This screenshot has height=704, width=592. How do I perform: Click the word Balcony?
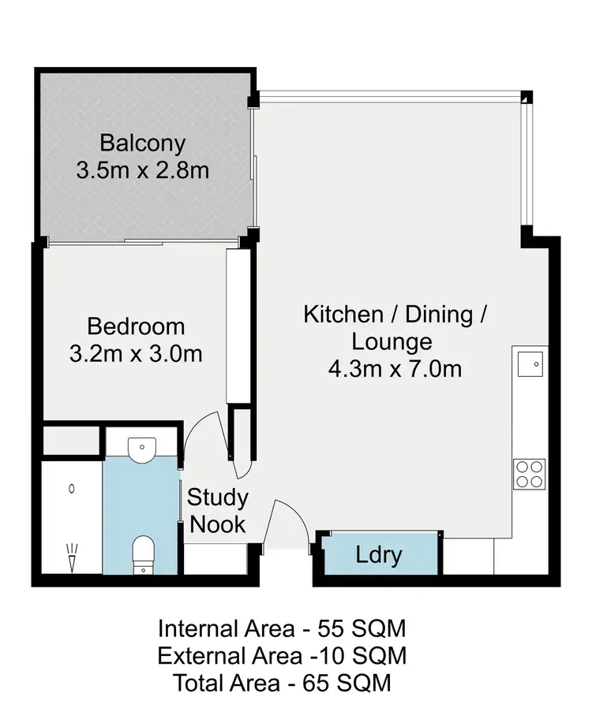click(x=143, y=143)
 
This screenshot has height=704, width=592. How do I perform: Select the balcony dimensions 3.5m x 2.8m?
click(x=143, y=169)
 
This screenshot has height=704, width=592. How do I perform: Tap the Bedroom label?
click(x=136, y=326)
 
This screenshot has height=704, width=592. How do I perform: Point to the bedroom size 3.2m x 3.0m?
click(x=136, y=354)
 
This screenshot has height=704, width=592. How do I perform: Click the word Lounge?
click(x=392, y=342)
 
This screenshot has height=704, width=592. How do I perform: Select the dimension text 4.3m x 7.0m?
click(x=395, y=368)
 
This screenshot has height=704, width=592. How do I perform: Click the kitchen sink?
click(x=530, y=363)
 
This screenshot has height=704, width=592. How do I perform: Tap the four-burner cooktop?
click(x=529, y=474)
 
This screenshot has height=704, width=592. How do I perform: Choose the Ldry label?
click(x=379, y=555)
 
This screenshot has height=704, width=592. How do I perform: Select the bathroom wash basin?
click(x=142, y=446)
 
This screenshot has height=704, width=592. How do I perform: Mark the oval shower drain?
click(x=72, y=489)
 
